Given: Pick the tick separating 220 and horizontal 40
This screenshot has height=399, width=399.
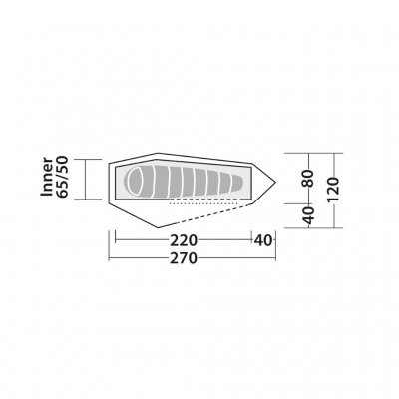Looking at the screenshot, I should (248, 239).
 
